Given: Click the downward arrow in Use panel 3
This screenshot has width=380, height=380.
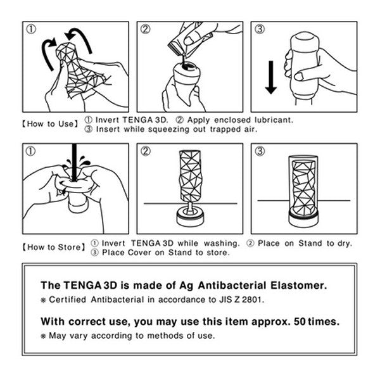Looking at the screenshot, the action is pyautogui.click(x=270, y=77).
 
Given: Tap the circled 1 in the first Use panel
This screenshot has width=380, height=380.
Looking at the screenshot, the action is pyautogui.click(x=31, y=29).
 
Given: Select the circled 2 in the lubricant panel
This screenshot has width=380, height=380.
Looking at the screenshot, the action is pyautogui.click(x=146, y=29).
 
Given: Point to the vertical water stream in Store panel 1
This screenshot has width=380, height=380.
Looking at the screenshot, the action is pyautogui.click(x=74, y=162).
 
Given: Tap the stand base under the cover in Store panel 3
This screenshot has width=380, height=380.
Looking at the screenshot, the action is pyautogui.click(x=303, y=220).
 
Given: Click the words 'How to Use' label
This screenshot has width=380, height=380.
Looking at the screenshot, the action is pyautogui.click(x=50, y=124).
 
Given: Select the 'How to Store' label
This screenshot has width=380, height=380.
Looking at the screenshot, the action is pyautogui.click(x=54, y=248).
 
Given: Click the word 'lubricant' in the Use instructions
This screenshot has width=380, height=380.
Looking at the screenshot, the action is pyautogui.click(x=274, y=120).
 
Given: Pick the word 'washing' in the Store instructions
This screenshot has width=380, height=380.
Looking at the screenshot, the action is pyautogui.click(x=222, y=243).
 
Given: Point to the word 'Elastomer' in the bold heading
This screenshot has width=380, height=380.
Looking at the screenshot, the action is pyautogui.click(x=298, y=285).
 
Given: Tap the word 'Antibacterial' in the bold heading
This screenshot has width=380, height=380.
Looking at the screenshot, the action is pyautogui.click(x=232, y=285).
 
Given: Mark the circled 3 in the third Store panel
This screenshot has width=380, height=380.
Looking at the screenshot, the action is pyautogui.click(x=260, y=151).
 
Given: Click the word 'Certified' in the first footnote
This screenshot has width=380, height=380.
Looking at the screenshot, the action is pyautogui.click(x=67, y=300).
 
